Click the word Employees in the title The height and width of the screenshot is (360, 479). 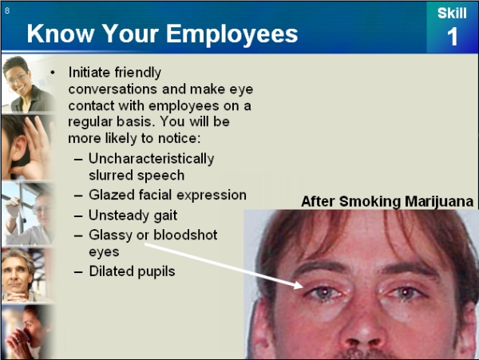232,34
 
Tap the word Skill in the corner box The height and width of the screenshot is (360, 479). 452,13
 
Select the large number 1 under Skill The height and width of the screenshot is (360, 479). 453,37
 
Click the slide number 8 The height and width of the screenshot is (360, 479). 7,10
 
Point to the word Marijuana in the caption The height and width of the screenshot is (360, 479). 439,201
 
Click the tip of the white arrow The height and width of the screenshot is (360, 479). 303,287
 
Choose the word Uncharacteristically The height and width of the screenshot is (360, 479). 152,159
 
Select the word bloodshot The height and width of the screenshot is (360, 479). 185,235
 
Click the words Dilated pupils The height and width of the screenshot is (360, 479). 132,271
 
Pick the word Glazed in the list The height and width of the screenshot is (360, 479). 112,195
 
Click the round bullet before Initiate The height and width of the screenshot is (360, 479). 53,73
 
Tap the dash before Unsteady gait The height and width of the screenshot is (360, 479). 78,216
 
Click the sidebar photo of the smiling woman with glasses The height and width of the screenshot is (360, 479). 29,84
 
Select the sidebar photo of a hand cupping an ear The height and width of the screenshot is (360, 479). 29,147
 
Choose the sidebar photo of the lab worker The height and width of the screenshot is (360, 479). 29,213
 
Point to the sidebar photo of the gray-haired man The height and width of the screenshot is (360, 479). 29,275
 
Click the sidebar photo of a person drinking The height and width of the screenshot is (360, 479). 29,332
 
